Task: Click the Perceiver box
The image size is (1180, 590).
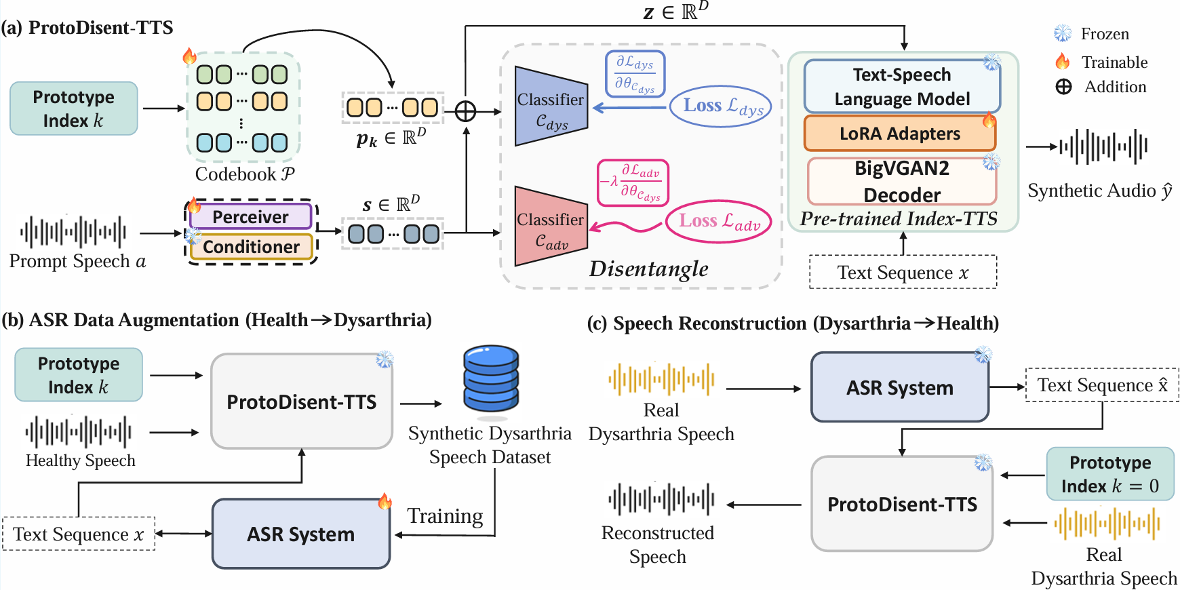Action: click(250, 217)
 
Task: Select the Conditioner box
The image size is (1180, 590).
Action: click(251, 247)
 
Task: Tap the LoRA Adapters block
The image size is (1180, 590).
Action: click(899, 134)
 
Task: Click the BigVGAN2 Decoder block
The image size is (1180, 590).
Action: click(901, 181)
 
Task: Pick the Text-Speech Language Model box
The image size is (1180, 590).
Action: click(901, 87)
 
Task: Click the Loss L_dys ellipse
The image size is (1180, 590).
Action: click(720, 106)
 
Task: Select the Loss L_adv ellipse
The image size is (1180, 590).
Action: click(719, 221)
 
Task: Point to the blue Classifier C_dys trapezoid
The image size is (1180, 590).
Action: click(550, 107)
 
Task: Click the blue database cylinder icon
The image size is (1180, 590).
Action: click(491, 378)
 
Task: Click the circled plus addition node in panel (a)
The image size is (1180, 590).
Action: click(465, 111)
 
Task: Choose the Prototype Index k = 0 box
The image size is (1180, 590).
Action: click(1109, 474)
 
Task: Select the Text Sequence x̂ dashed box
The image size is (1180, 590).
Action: click(1101, 385)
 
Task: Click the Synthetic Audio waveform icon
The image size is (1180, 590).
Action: click(1103, 146)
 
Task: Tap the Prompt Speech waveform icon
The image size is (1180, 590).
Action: click(73, 233)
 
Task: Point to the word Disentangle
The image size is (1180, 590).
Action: click(648, 269)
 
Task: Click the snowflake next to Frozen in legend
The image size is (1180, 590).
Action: click(1063, 33)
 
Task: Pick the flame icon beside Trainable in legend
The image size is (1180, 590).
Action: click(1063, 62)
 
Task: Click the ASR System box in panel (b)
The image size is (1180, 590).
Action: click(300, 534)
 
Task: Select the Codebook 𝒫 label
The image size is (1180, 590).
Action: click(245, 174)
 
